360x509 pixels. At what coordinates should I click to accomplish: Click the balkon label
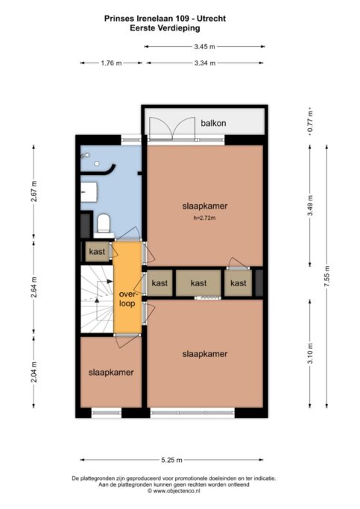[x=213, y=123]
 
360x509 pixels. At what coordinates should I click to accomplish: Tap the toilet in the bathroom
[x=104, y=224]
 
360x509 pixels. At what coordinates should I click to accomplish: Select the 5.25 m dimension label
[x=171, y=460]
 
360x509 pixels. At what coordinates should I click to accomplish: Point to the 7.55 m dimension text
[x=327, y=276]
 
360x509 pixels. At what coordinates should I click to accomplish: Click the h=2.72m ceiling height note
[x=204, y=218]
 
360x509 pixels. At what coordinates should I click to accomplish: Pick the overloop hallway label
[x=127, y=299]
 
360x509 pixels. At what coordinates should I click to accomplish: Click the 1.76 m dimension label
[x=111, y=63]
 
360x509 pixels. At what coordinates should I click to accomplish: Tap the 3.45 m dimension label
[x=204, y=46]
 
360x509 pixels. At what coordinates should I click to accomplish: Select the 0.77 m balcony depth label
[x=310, y=121]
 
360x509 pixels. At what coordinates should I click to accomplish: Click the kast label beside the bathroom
[x=97, y=251]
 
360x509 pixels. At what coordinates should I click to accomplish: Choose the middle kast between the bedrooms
[x=198, y=283]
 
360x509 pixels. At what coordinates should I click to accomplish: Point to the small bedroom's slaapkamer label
[x=111, y=373]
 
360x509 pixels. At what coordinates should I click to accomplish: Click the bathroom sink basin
[x=89, y=192]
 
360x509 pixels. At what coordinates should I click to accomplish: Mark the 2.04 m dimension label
[x=34, y=372]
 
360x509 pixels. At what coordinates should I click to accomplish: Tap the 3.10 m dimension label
[x=310, y=353]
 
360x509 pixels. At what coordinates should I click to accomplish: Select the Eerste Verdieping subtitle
[x=165, y=28]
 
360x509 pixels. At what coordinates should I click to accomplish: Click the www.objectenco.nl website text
[x=176, y=491]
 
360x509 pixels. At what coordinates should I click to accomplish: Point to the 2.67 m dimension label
[x=34, y=192]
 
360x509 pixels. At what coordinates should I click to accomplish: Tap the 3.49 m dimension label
[x=310, y=206]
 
